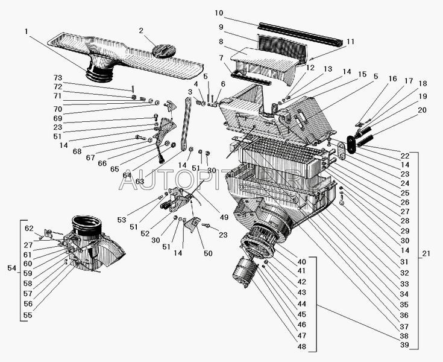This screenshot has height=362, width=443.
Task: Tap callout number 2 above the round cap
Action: pos(140,31)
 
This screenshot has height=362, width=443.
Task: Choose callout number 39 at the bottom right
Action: pos(404,345)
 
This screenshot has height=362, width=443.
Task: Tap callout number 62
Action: pos(29,229)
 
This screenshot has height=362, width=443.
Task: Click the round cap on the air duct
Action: pos(162,50)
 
